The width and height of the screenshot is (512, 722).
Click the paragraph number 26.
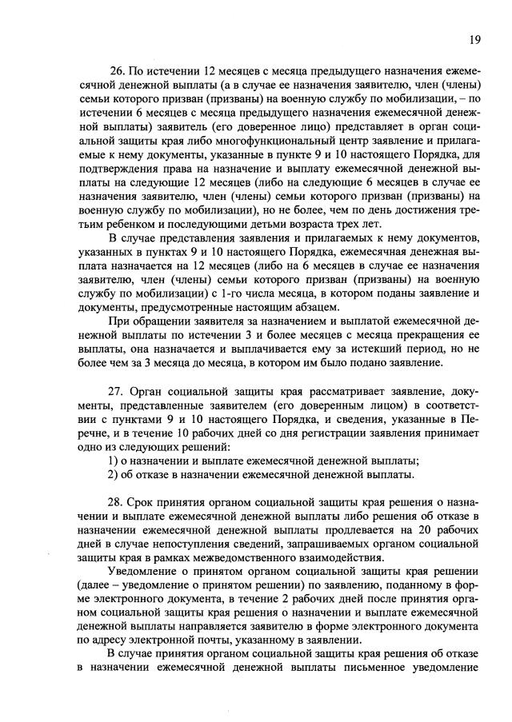coord(118,73)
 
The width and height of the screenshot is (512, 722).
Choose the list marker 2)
coord(113,475)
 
